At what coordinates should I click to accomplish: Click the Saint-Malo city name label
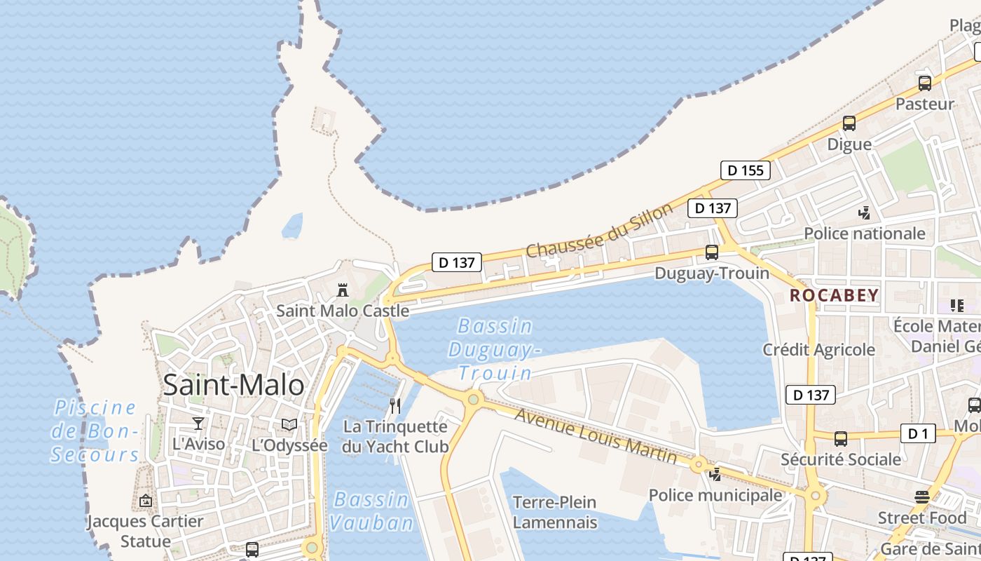pos(233,385)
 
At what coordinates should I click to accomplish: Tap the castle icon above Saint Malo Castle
pos(343,290)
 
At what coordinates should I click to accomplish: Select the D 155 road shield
pos(746,170)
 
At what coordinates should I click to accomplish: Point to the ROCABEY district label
pos(834,295)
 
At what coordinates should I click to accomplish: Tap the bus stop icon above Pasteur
pos(924,83)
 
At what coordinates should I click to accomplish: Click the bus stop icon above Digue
pos(849,123)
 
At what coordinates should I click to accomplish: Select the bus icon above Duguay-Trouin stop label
pos(712,252)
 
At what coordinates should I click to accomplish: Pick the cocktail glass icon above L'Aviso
pos(199,423)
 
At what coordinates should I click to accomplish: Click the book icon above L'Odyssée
pos(289,424)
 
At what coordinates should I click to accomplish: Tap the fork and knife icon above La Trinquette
pos(395,406)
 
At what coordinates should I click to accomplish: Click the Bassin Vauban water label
pos(371,511)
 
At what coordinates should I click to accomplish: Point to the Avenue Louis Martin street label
pos(596,435)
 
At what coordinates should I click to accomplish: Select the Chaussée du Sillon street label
pos(599,229)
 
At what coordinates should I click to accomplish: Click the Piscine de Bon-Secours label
pos(96,431)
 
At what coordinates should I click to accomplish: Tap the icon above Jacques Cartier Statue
pos(146,501)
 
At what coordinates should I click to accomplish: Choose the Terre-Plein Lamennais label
pos(554,512)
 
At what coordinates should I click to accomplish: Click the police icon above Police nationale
pos(865,212)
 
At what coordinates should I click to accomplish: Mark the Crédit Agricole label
pos(818,349)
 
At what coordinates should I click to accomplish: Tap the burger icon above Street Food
pos(922,497)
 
